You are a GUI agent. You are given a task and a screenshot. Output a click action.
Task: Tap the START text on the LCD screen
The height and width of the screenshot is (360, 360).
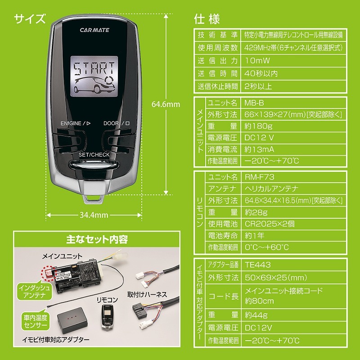(94, 69)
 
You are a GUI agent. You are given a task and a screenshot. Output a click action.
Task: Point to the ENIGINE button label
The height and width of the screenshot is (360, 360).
(75, 123)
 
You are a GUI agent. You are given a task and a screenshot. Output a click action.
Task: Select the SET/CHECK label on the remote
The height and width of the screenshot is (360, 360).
(94, 155)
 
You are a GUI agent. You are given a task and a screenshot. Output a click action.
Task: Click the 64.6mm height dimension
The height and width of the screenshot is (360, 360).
(166, 104)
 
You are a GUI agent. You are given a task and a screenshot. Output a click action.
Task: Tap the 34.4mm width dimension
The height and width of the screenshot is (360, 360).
(94, 215)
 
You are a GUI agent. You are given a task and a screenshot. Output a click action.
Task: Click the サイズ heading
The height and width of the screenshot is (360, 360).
(30, 18)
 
